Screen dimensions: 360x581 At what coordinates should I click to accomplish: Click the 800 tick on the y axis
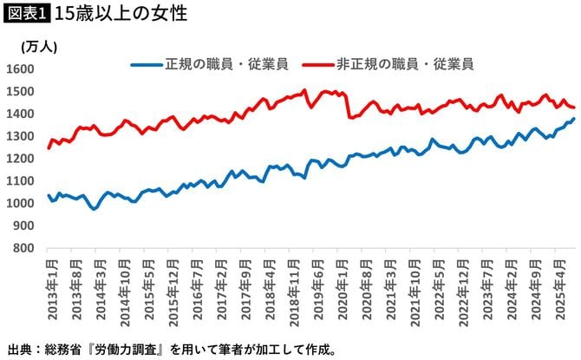coord(24,248)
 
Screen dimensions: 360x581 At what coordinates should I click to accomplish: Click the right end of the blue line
coord(573,119)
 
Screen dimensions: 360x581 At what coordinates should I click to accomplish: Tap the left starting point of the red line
coord(49,148)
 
